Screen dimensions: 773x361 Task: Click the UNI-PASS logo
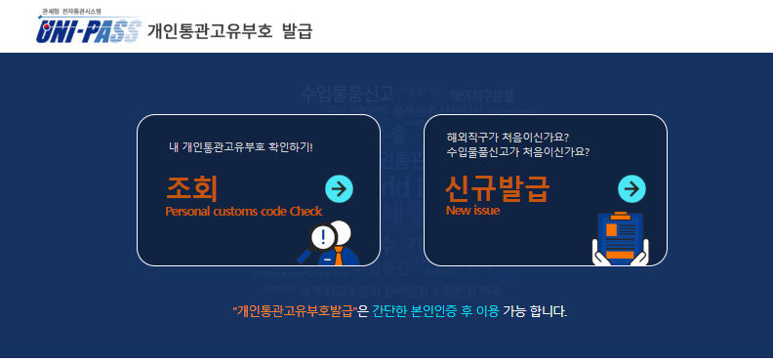[x=89, y=32]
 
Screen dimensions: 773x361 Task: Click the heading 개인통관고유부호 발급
[x=229, y=31]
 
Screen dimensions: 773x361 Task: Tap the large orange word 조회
[x=192, y=187]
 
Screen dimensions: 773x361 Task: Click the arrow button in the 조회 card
[x=339, y=188]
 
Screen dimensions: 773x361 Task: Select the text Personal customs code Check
[x=244, y=211]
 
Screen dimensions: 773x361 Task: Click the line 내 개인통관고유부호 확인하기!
[x=247, y=147]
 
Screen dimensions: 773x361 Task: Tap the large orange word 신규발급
[x=497, y=186]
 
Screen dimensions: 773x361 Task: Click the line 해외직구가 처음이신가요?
[x=508, y=137]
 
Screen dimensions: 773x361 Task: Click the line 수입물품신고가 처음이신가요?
[x=518, y=152]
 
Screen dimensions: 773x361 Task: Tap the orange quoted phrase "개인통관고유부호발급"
[x=295, y=312]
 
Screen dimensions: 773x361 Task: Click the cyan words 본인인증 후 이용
[x=456, y=312]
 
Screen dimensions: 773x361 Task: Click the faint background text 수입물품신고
[x=347, y=94]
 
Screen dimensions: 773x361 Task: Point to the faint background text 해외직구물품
[x=482, y=97]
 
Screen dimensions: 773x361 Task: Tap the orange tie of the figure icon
[x=338, y=257]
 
